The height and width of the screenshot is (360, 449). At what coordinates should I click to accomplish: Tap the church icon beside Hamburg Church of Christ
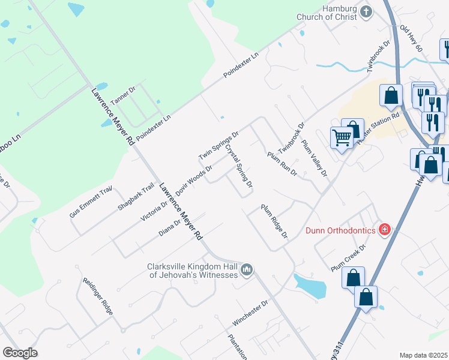(x=366, y=11)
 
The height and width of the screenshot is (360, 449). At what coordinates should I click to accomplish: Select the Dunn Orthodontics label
(x=341, y=230)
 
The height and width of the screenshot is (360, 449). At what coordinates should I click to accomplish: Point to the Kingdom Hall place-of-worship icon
(x=246, y=271)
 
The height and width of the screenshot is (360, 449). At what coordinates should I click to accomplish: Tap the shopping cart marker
(x=342, y=137)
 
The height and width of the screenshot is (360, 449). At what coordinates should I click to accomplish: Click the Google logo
(x=20, y=353)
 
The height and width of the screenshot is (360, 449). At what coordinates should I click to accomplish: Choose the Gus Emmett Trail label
(x=91, y=202)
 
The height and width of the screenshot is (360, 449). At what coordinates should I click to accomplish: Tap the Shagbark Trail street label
(x=136, y=196)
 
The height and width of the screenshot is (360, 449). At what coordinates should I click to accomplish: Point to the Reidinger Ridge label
(x=94, y=292)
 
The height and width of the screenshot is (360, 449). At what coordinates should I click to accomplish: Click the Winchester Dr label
(x=250, y=314)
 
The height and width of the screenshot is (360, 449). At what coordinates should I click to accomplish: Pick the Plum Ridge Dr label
(x=274, y=220)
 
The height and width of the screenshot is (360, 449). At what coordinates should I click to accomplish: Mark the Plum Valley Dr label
(x=315, y=158)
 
